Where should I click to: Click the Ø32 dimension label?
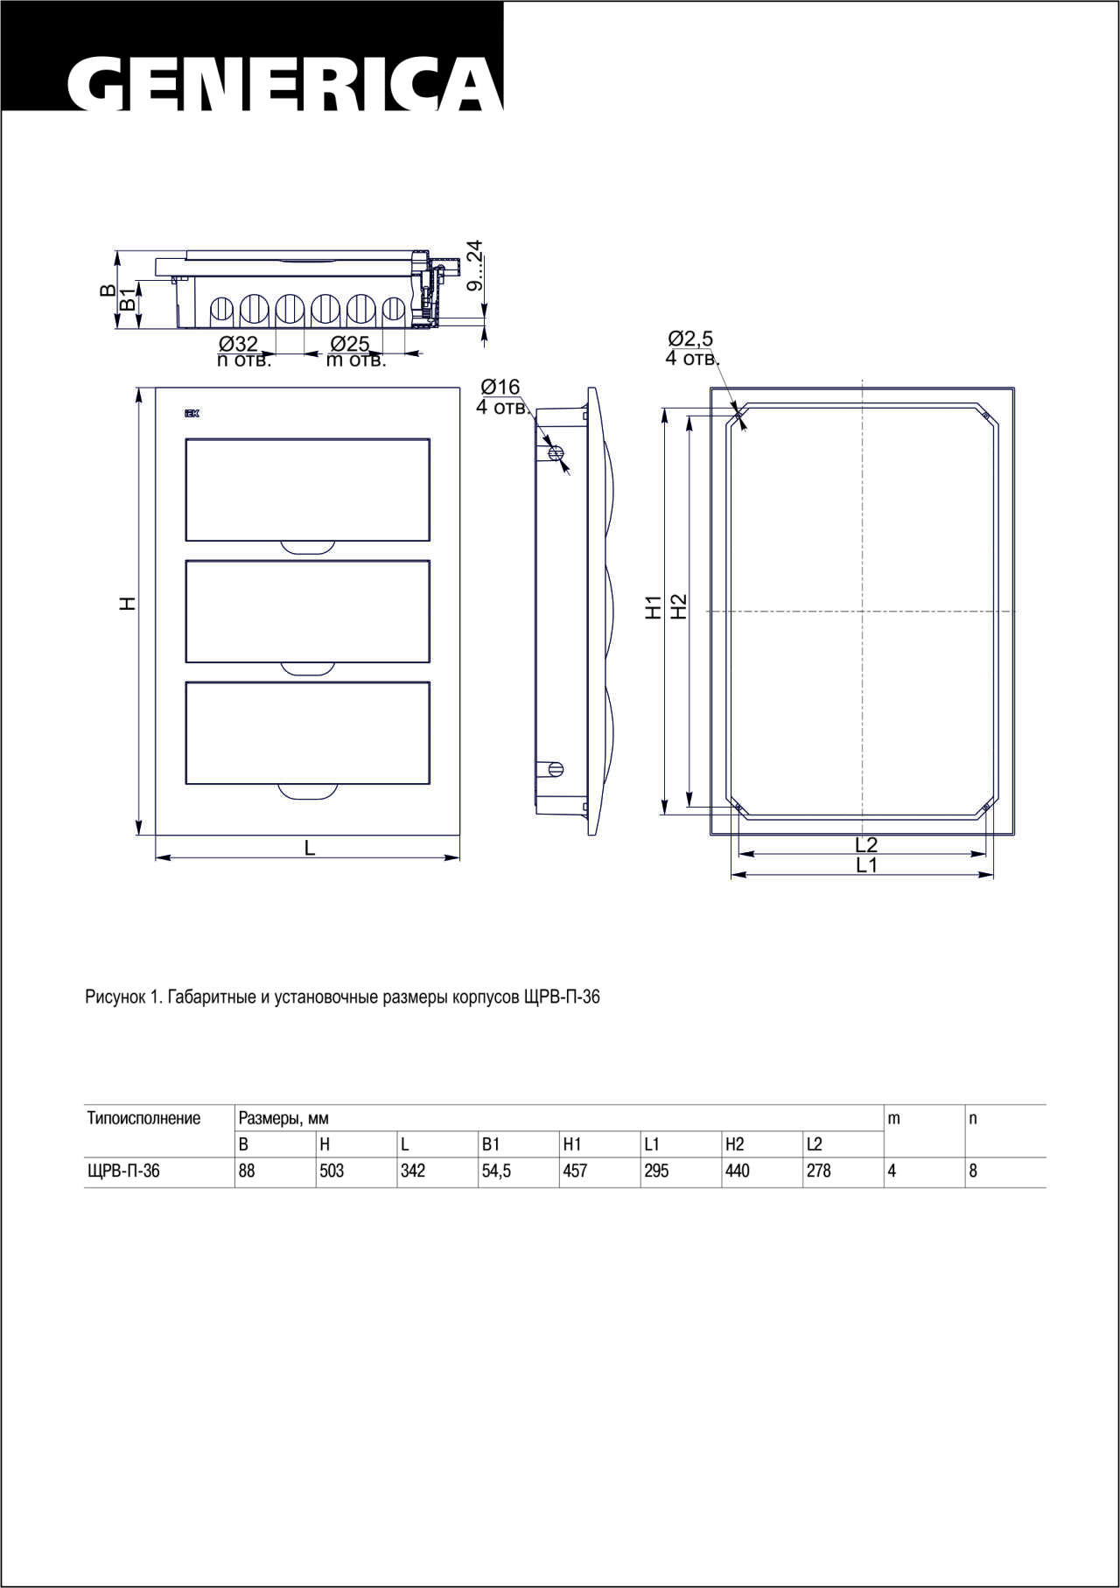point(238,344)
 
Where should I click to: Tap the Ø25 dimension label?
point(350,344)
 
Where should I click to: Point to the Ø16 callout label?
point(500,387)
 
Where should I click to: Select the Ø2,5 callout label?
point(690,338)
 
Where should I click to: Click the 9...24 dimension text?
point(474,265)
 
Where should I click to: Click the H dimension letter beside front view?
point(129,603)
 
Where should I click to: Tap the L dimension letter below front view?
point(309,847)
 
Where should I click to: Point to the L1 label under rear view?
point(866,865)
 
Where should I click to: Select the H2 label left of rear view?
point(678,606)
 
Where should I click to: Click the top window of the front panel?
point(307,490)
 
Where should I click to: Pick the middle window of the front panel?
point(307,611)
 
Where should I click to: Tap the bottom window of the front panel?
point(307,732)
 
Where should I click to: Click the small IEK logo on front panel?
point(192,414)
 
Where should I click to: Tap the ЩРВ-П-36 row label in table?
point(123,1171)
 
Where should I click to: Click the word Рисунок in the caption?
point(115,997)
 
